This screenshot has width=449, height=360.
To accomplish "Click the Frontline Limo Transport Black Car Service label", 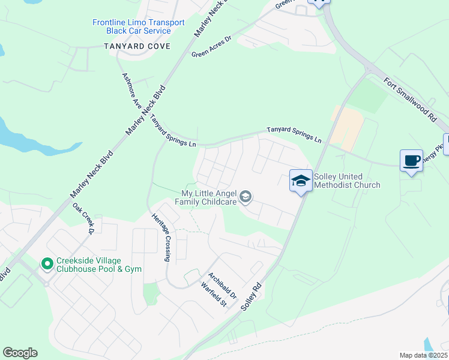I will tap(138, 26).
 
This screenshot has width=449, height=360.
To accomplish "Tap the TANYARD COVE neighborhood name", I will tap(137, 46).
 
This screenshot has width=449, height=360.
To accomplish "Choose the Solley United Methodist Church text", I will tap(347, 181).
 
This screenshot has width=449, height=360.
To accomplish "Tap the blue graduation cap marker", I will tap(300, 180).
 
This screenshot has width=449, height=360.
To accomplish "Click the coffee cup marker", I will tap(411, 161).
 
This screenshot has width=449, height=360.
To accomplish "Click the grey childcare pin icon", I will tap(245, 197).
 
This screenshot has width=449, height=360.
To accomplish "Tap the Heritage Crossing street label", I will tap(161, 238).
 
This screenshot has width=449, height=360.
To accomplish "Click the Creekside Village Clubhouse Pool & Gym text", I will tap(99, 265).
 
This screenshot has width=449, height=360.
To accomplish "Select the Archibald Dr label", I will tap(223, 286).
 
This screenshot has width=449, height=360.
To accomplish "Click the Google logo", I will tap(20, 353).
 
